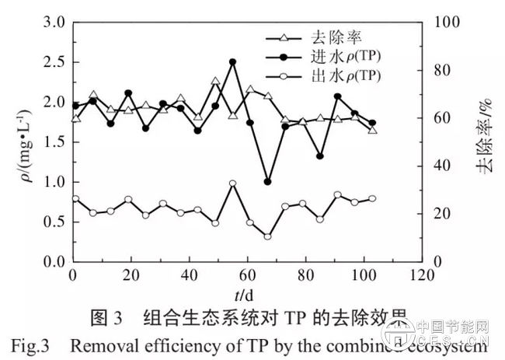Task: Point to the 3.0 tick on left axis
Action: click(53, 22)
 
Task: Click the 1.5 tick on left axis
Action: click(53, 142)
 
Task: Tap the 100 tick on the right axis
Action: click(441, 22)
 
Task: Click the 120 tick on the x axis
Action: click(420, 274)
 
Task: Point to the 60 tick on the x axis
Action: click(247, 274)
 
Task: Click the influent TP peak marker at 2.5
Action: click(232, 61)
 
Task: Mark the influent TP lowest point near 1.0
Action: click(267, 181)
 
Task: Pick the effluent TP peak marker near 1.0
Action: click(232, 183)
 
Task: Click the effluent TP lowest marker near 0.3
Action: click(267, 236)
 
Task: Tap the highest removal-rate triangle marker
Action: click(215, 81)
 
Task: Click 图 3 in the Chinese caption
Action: click(107, 319)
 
